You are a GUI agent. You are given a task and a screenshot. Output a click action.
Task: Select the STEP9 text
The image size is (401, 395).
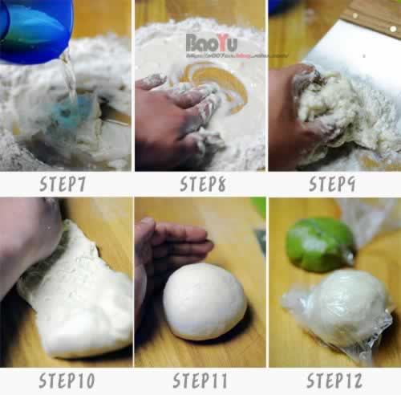pos(334,184)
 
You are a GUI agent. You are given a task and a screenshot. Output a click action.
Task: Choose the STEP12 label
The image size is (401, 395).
pos(334,380)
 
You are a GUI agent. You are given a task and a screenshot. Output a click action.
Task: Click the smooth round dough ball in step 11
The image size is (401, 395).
pos(204,301)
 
